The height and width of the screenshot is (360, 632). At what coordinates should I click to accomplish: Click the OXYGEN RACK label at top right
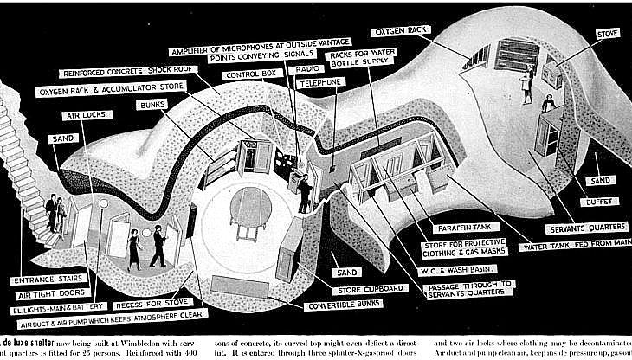[403, 31]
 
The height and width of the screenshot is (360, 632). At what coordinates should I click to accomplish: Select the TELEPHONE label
[320, 81]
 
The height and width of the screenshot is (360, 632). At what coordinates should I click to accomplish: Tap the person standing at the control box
[305, 192]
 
